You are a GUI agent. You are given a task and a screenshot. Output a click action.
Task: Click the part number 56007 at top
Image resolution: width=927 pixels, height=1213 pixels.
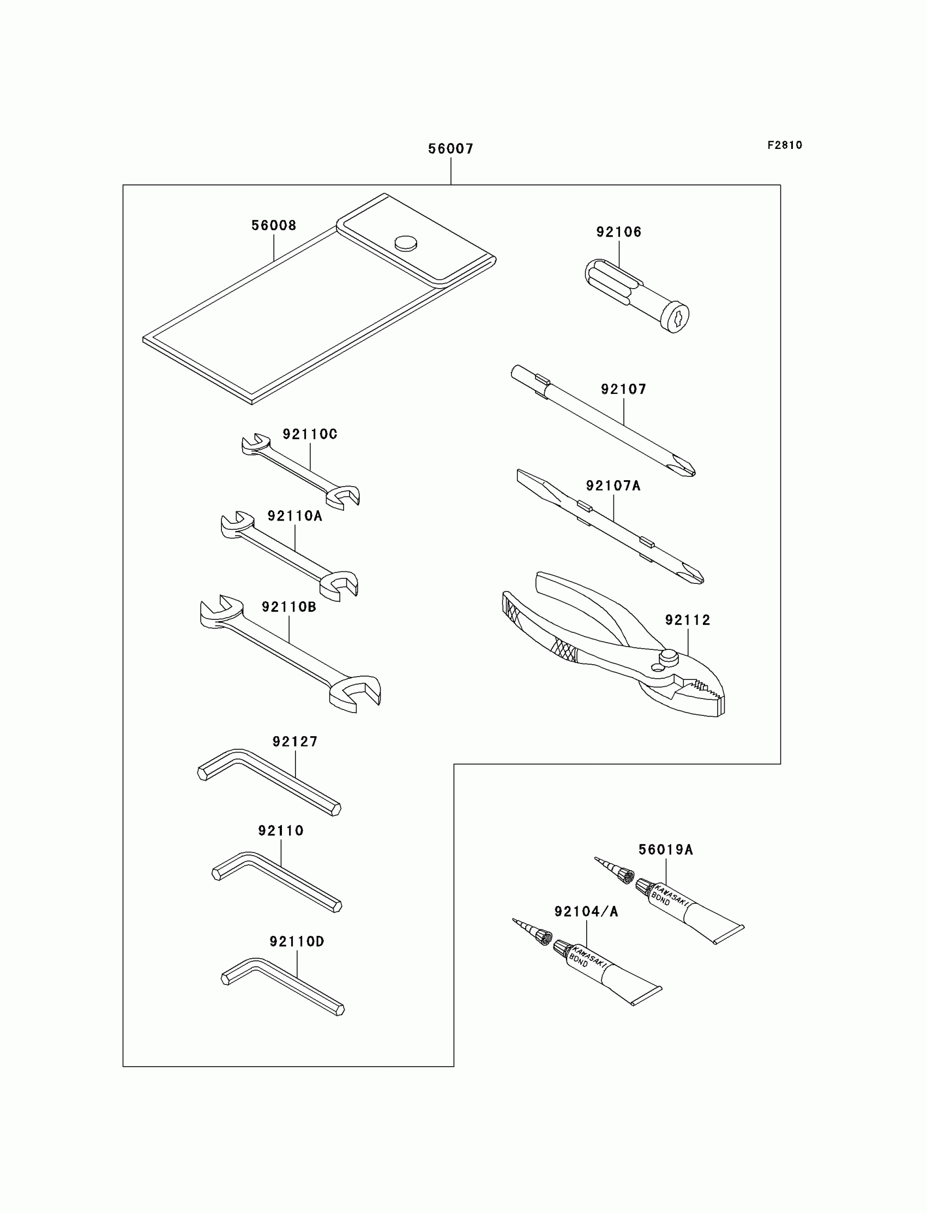tap(450, 148)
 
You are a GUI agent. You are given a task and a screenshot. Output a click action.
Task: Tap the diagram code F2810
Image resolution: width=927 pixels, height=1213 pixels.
tap(784, 145)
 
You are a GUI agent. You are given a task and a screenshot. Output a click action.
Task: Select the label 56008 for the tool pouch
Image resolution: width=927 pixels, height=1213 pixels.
tap(274, 225)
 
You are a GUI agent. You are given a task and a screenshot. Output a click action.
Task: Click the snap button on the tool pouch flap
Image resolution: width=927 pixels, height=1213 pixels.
tap(406, 243)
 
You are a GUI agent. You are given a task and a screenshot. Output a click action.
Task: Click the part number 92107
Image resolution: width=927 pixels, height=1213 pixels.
tap(623, 389)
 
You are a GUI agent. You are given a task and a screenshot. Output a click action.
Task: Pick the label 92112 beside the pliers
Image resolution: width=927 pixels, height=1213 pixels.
tap(688, 620)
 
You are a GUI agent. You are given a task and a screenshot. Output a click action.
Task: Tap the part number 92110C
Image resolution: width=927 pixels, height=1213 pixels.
tap(310, 434)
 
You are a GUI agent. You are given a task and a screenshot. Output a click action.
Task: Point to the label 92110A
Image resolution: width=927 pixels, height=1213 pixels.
tap(294, 516)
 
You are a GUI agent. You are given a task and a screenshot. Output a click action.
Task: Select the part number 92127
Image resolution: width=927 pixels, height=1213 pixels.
tap(294, 742)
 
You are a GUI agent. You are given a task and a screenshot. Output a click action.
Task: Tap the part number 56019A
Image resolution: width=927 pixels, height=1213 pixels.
tap(665, 850)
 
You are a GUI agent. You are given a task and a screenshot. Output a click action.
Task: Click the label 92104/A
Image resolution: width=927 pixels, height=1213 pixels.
tap(586, 912)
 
